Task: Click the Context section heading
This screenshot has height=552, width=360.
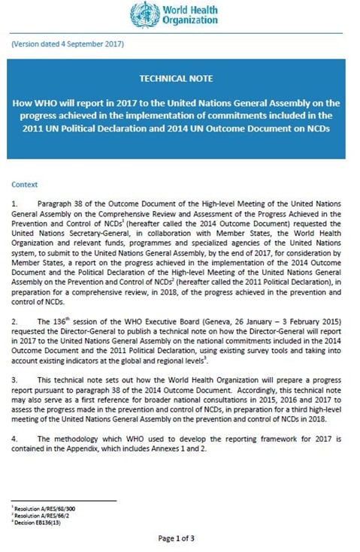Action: (25, 184)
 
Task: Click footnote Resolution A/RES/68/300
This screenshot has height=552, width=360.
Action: (42, 508)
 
